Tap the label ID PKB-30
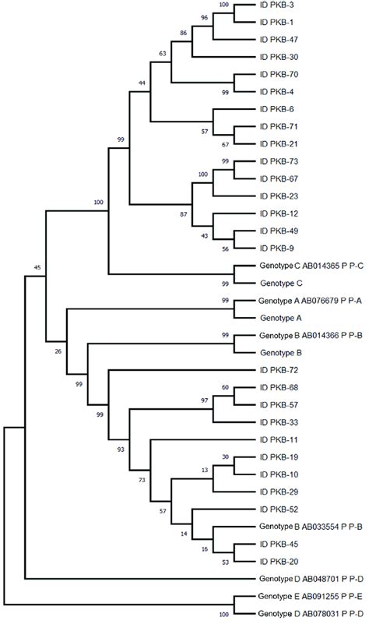(280, 57)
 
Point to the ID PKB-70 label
(280, 75)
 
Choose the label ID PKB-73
(280, 161)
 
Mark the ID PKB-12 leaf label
(280, 213)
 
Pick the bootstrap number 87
(183, 213)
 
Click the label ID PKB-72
(280, 370)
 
